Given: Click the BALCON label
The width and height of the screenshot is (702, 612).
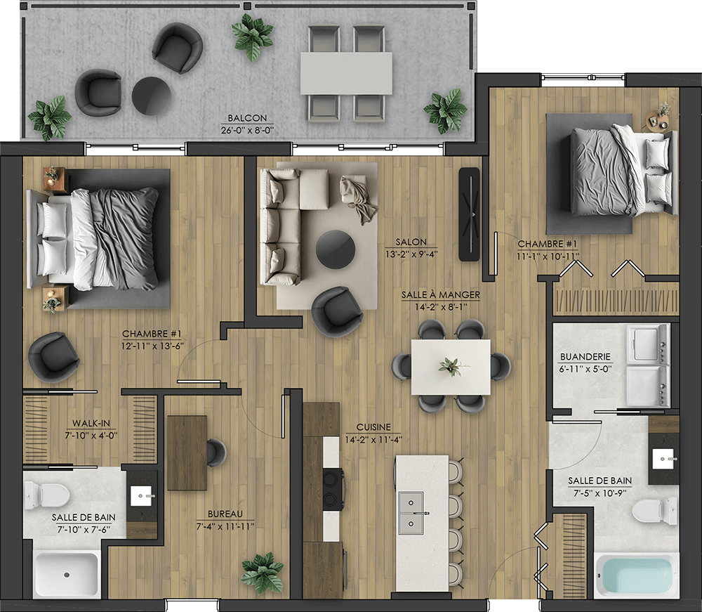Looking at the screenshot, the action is pyautogui.click(x=247, y=118).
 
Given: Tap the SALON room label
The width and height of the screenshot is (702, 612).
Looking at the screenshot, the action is pyautogui.click(x=411, y=242).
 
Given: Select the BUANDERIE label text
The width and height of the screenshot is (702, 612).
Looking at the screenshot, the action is pyautogui.click(x=585, y=357).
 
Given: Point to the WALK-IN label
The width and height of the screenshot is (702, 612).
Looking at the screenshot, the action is pyautogui.click(x=91, y=424).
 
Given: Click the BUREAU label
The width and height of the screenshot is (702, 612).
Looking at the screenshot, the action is pyautogui.click(x=225, y=514).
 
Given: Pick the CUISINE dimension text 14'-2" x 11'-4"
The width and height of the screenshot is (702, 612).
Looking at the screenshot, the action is pyautogui.click(x=373, y=440).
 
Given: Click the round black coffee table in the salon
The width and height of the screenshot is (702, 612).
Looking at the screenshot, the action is pyautogui.click(x=336, y=250).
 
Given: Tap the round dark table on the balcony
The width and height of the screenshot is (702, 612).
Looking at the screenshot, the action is pyautogui.click(x=152, y=96).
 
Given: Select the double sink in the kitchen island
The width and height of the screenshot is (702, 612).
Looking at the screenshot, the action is pyautogui.click(x=411, y=512).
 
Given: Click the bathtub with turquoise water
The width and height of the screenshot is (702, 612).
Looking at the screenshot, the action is pyautogui.click(x=637, y=575).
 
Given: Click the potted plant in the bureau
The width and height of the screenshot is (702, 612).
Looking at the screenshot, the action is pyautogui.click(x=263, y=573).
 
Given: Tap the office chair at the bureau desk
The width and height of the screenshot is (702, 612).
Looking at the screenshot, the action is pyautogui.click(x=216, y=453).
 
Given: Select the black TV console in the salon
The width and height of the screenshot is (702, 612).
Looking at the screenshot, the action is pyautogui.click(x=470, y=214).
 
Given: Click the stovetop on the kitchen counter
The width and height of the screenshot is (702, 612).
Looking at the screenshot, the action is pyautogui.click(x=333, y=489).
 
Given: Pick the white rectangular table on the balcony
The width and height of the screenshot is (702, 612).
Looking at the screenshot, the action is pyautogui.click(x=346, y=74).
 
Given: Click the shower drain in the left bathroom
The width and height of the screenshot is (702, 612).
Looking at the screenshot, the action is pyautogui.click(x=67, y=574).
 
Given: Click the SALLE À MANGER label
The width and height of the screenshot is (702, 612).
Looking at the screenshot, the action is pyautogui.click(x=441, y=295).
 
